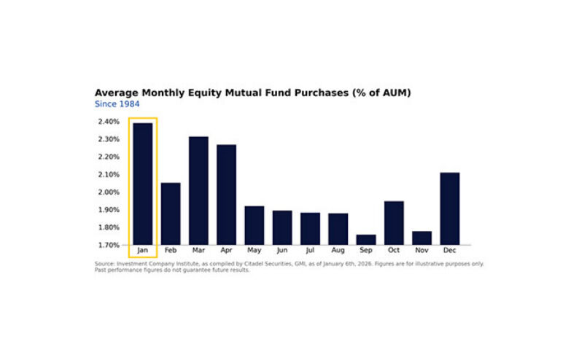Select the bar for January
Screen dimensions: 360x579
pyautogui.click(x=143, y=184)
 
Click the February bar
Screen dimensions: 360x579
pyautogui.click(x=171, y=213)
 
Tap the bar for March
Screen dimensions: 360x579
pyautogui.click(x=198, y=190)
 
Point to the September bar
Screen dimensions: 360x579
pyautogui.click(x=366, y=239)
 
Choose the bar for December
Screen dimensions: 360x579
pyautogui.click(x=450, y=208)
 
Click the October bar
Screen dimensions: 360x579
pyautogui.click(x=394, y=222)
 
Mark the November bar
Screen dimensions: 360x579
pyautogui.click(x=421, y=238)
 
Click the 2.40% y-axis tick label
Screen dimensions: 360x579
pyautogui.click(x=108, y=122)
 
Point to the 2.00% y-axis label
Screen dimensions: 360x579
pyautogui.click(x=108, y=192)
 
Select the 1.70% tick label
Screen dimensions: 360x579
pyautogui.click(x=108, y=245)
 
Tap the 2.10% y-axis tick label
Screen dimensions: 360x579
pyautogui.click(x=108, y=175)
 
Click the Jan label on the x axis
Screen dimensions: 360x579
pyautogui.click(x=143, y=251)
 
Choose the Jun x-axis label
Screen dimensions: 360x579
pyautogui.click(x=282, y=251)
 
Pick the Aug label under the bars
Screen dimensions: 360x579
pyautogui.click(x=338, y=251)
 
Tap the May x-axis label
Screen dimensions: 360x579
pyautogui.click(x=254, y=251)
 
